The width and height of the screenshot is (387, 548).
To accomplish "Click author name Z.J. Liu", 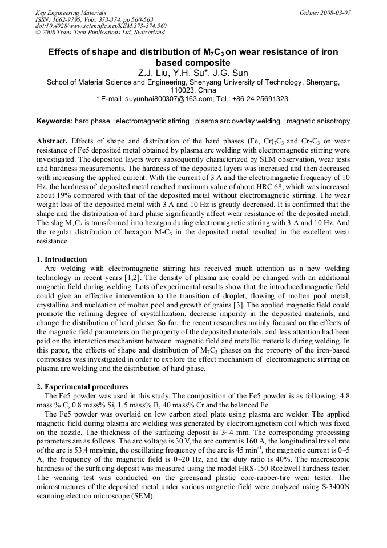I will (152, 73).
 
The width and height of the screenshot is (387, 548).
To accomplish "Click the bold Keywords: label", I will (55, 121).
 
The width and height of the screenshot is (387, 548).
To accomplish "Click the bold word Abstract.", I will (52, 141).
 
